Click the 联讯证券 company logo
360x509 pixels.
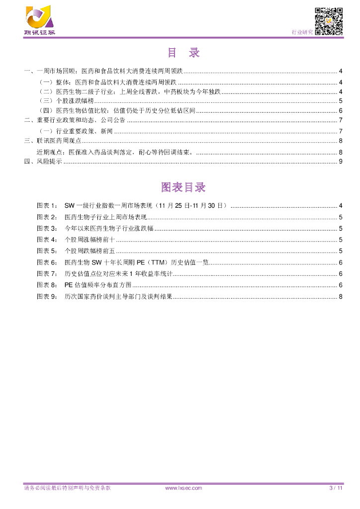pyautogui.click(x=39, y=20)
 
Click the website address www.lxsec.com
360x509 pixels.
pyautogui.click(x=183, y=488)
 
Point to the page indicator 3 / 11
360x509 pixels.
pyautogui.click(x=337, y=488)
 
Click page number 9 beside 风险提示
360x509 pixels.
pyautogui.click(x=340, y=162)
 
